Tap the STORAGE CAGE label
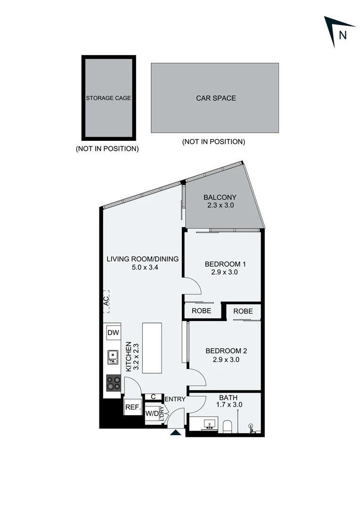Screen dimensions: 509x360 click(x=108, y=98)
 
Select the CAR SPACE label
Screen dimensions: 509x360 click(x=216, y=98)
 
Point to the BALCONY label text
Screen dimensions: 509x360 click(x=220, y=197)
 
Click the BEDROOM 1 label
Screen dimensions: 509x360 click(x=225, y=264)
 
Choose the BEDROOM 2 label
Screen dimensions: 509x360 click(x=226, y=351)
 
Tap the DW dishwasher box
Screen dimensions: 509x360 click(x=113, y=333)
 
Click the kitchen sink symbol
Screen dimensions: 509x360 click(x=113, y=357)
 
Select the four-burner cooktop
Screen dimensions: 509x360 click(x=113, y=383)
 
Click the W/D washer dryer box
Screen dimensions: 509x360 click(x=152, y=413)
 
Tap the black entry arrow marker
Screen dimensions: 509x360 click(x=175, y=433)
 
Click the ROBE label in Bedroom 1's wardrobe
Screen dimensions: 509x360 click(x=201, y=311)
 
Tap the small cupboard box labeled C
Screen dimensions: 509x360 click(x=153, y=397)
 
